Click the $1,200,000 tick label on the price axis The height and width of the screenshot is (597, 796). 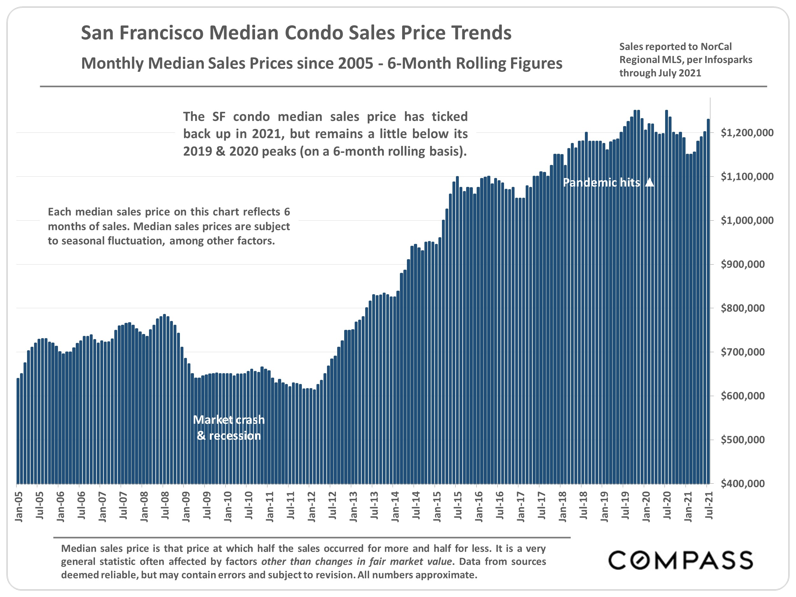pyautogui.click(x=747, y=133)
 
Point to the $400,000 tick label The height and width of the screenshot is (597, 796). pyautogui.click(x=743, y=483)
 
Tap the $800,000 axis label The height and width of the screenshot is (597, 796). pyautogui.click(x=743, y=308)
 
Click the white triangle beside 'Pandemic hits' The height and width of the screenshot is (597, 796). pyautogui.click(x=650, y=182)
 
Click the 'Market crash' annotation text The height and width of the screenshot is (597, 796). pyautogui.click(x=229, y=420)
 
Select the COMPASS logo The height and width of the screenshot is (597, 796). pyautogui.click(x=680, y=560)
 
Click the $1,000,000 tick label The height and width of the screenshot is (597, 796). pyautogui.click(x=747, y=221)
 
